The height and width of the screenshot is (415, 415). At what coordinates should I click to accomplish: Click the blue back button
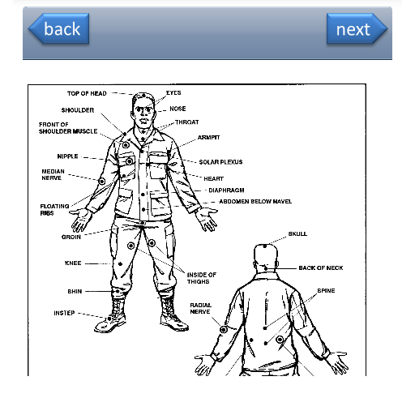[59, 28]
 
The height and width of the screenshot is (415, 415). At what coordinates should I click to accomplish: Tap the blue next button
[357, 28]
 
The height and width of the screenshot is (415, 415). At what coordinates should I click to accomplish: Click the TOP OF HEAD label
[87, 93]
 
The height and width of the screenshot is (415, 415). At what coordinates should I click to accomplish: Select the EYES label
[173, 92]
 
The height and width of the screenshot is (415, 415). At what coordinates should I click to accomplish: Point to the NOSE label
[178, 109]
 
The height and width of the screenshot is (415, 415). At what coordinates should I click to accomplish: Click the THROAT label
[187, 122]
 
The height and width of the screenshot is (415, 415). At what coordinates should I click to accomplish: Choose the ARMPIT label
[208, 137]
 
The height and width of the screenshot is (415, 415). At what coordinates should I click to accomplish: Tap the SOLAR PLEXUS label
[220, 162]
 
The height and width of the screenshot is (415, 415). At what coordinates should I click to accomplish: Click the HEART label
[214, 178]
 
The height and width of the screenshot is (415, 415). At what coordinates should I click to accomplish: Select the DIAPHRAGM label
[226, 190]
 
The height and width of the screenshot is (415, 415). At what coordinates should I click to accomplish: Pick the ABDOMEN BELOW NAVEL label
[255, 202]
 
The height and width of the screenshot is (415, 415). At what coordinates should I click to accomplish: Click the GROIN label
[71, 237]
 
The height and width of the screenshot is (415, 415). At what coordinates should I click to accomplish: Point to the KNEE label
[73, 263]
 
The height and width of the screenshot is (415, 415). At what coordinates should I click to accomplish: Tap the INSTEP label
[64, 313]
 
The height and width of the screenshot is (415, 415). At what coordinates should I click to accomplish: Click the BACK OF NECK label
[321, 268]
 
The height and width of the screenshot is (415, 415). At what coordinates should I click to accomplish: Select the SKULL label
[297, 233]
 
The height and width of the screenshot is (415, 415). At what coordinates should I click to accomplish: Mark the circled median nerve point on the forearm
[102, 182]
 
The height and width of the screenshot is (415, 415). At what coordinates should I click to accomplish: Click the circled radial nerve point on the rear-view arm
[224, 330]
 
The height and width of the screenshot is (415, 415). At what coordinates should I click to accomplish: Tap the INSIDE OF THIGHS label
[202, 278]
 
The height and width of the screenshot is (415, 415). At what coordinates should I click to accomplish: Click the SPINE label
[326, 291]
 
